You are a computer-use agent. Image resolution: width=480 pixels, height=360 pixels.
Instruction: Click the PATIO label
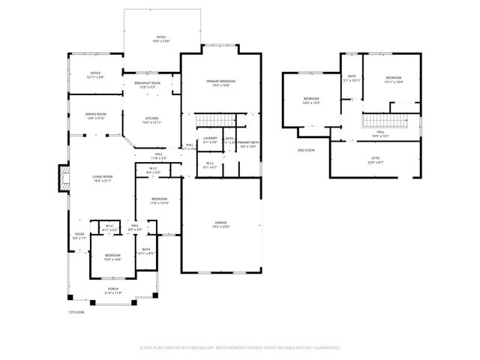click(x=160, y=37)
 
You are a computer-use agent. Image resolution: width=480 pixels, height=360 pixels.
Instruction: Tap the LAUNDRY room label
click(x=210, y=139)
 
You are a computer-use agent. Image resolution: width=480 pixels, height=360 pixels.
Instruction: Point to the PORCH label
click(x=112, y=291)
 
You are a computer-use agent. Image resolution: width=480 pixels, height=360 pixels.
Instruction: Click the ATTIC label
click(x=376, y=160)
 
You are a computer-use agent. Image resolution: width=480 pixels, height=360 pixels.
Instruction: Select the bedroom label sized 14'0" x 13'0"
click(x=311, y=100)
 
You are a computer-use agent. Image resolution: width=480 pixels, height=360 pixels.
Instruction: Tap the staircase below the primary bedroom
click(x=218, y=122)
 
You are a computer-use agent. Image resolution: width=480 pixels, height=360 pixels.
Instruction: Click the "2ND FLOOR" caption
click(x=306, y=151)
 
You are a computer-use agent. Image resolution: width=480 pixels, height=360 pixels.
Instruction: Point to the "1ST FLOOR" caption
click(x=76, y=311)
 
